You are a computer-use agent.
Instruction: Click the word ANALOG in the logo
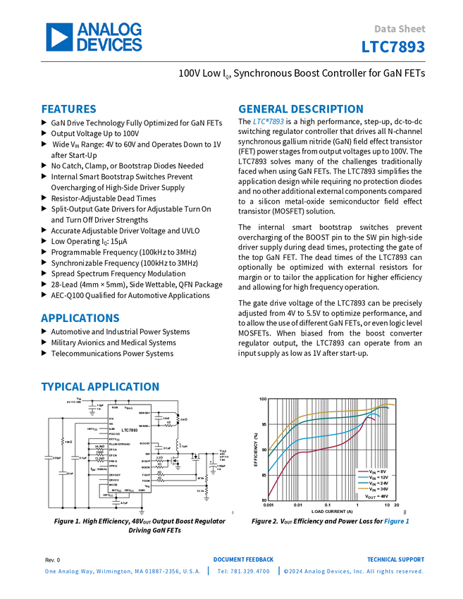point(110,30)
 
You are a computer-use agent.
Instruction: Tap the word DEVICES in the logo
point(109,45)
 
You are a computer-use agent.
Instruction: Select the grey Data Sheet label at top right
point(400,30)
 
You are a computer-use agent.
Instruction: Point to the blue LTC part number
point(394,48)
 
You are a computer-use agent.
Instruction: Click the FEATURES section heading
point(69,109)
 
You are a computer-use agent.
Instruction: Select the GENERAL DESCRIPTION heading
point(300,109)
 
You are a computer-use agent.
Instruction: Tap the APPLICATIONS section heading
point(80,319)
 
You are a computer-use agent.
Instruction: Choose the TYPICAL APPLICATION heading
point(100,386)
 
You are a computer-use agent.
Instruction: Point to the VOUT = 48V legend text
point(376,496)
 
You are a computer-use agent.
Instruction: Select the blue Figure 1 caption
point(397,521)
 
